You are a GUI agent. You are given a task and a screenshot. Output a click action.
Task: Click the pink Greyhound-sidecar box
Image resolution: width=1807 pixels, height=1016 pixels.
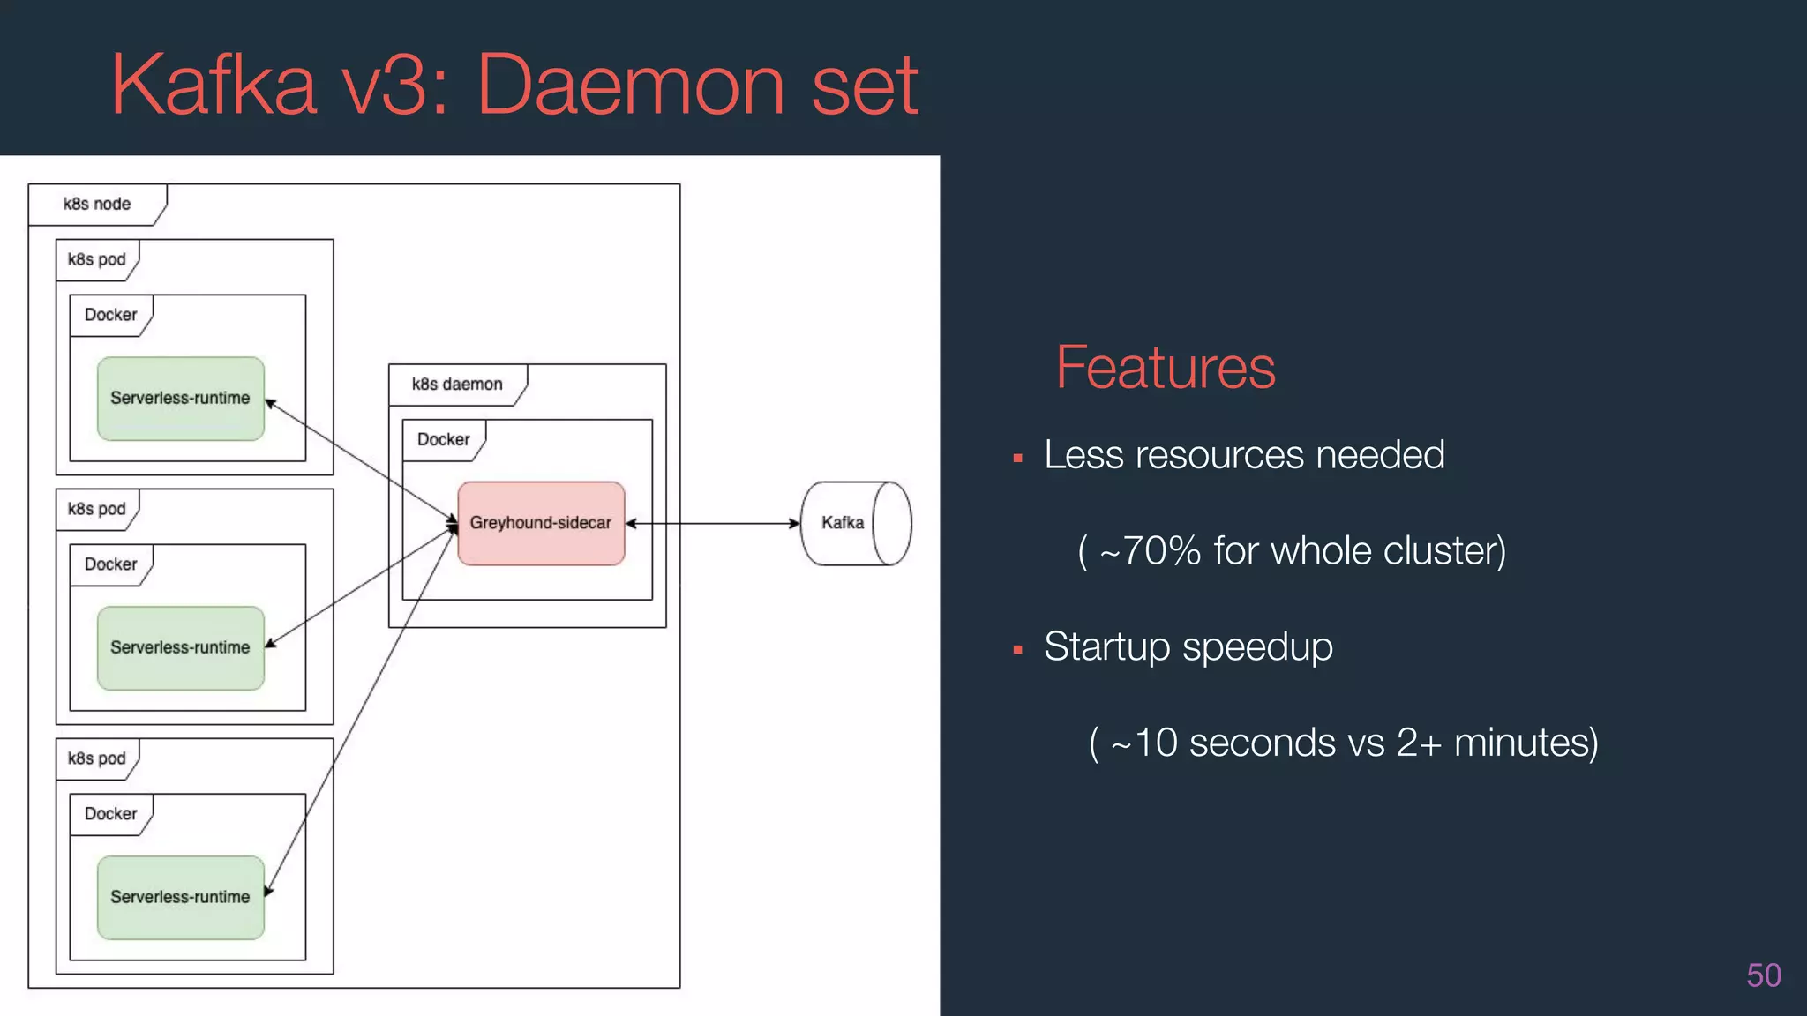pyautogui.click(x=541, y=523)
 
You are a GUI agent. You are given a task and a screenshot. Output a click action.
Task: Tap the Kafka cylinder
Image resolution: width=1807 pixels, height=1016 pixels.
pyautogui.click(x=854, y=523)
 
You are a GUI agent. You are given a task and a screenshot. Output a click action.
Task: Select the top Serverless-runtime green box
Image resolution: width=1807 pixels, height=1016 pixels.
pyautogui.click(x=180, y=399)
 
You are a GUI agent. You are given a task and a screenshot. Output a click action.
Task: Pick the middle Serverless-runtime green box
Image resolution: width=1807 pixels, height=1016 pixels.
pyautogui.click(x=180, y=648)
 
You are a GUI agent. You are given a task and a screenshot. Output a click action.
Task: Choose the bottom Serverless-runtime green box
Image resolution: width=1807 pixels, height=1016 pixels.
pyautogui.click(x=180, y=897)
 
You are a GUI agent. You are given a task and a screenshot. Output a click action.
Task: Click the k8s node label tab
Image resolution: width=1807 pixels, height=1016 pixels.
pyautogui.click(x=97, y=204)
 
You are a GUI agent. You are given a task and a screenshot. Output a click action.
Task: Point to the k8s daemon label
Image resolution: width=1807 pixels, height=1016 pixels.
pyautogui.click(x=457, y=385)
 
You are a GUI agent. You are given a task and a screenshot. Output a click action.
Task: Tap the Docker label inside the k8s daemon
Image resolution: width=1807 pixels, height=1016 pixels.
pyautogui.click(x=443, y=439)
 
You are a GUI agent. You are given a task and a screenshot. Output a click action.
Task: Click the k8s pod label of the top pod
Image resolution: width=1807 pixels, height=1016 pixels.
pyautogui.click(x=97, y=259)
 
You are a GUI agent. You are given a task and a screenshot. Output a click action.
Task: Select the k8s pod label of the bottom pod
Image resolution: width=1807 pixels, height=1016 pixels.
pyautogui.click(x=97, y=758)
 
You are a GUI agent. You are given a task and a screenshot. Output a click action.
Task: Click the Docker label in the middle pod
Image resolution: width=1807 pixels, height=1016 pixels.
pyautogui.click(x=110, y=564)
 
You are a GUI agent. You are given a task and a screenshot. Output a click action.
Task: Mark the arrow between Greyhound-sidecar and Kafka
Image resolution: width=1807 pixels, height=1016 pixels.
pyautogui.click(x=713, y=523)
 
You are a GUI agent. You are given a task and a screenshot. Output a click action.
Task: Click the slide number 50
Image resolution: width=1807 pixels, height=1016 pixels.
pyautogui.click(x=1763, y=975)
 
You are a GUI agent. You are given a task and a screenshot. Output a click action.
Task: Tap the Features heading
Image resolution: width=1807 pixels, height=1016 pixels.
pyautogui.click(x=1165, y=368)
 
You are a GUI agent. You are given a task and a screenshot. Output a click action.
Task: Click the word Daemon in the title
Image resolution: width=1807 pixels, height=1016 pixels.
pyautogui.click(x=631, y=86)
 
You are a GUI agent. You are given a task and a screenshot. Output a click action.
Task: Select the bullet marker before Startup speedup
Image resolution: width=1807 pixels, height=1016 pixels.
pyautogui.click(x=1017, y=650)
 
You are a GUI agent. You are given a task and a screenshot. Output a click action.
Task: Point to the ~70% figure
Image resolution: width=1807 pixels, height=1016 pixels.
pyautogui.click(x=1150, y=551)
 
